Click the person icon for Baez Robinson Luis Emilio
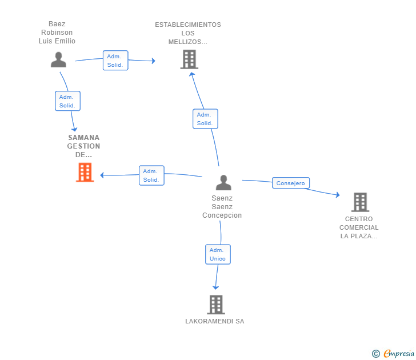point(58,59)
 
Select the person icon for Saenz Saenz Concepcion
point(223,182)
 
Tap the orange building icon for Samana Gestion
point(85,172)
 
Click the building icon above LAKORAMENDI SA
point(216,305)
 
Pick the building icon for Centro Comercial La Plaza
point(360,202)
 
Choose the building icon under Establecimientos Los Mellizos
point(189,59)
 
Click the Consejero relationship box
point(291,183)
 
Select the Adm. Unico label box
point(218,254)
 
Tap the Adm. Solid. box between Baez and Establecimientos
point(115,61)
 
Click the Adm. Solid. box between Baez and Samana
point(67,101)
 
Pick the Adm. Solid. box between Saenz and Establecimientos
point(205,119)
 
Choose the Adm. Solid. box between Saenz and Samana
point(151,175)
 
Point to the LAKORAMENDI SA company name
point(215,321)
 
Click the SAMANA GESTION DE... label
point(83,146)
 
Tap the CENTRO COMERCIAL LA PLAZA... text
point(359,227)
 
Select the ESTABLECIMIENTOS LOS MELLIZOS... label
point(188,33)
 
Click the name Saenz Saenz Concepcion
point(222,207)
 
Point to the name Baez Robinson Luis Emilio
point(57,33)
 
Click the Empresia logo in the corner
point(393,353)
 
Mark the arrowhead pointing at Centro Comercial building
point(338,195)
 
